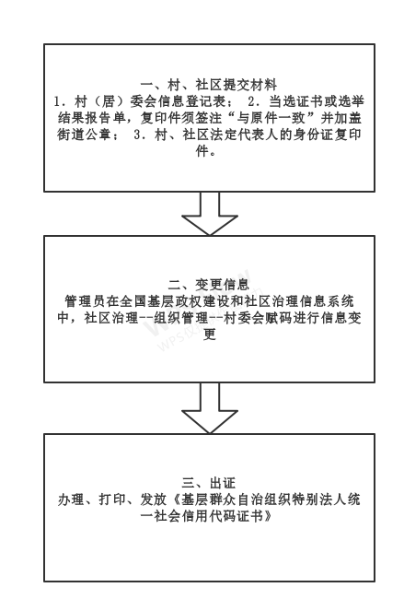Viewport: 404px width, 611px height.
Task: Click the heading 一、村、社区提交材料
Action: click(x=209, y=85)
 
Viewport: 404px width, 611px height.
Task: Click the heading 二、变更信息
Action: click(x=209, y=285)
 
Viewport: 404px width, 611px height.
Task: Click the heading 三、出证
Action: click(x=209, y=483)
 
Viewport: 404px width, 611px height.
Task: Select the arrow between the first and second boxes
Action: click(x=210, y=214)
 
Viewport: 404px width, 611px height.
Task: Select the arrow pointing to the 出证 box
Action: click(x=210, y=408)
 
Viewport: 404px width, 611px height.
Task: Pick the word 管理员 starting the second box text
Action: click(x=85, y=301)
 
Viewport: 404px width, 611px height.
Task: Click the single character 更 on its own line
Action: click(x=210, y=335)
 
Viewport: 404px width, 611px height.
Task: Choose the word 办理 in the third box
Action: click(x=71, y=499)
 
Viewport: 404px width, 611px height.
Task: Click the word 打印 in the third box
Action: click(x=112, y=499)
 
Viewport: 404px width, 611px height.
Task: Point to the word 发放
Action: click(x=154, y=499)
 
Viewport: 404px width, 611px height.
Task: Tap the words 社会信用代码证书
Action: click(x=209, y=517)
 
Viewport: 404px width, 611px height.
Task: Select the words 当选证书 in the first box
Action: click(x=296, y=101)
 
